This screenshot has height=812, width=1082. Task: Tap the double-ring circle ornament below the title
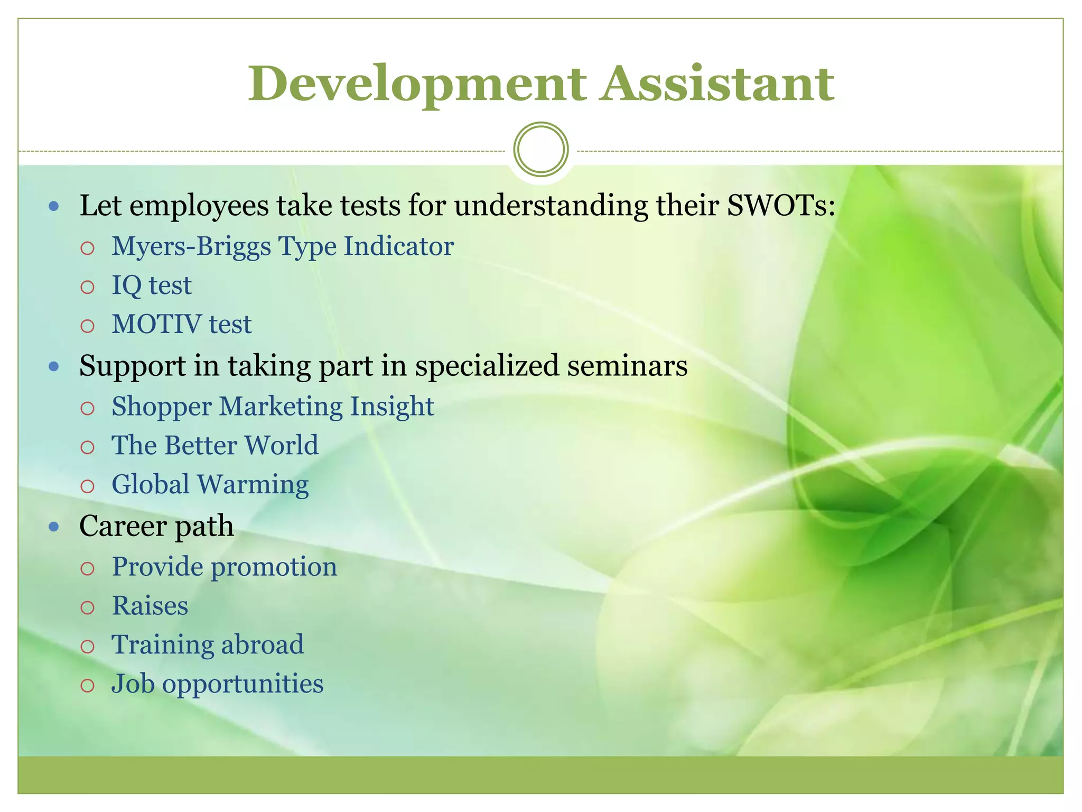click(540, 149)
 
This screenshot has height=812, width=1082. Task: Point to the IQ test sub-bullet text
click(152, 285)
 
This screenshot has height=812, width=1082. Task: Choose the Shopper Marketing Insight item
click(273, 407)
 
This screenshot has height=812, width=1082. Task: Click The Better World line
click(215, 445)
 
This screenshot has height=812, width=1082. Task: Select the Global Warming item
click(210, 484)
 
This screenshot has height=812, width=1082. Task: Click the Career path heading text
click(156, 526)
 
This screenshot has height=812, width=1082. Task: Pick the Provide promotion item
click(225, 567)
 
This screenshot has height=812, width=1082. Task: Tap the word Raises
click(150, 606)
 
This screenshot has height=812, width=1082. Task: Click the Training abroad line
click(208, 644)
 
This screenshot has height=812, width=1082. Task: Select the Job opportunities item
click(217, 684)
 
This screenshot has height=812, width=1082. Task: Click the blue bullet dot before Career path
click(53, 527)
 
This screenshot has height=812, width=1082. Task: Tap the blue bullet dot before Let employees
click(53, 206)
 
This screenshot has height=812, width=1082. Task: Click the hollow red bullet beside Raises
click(87, 607)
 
